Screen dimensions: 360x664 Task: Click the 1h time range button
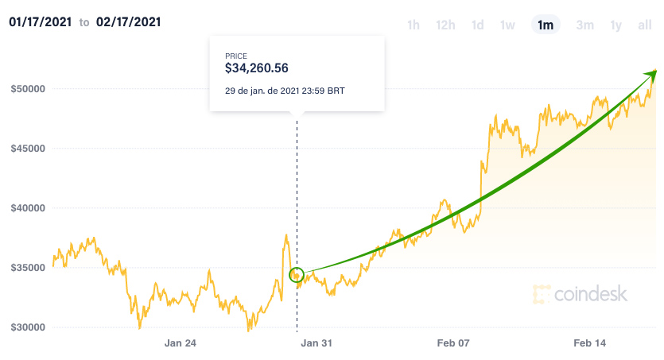tap(413, 25)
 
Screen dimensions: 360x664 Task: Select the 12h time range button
tap(445, 25)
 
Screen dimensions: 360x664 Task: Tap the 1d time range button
tap(477, 25)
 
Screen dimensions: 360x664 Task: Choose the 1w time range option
tap(507, 25)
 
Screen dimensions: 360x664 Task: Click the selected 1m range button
tap(546, 25)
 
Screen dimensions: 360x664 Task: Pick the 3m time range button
tap(584, 25)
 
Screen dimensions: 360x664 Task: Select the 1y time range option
tap(615, 25)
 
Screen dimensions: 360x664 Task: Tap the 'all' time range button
tap(645, 25)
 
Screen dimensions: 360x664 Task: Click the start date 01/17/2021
tap(41, 22)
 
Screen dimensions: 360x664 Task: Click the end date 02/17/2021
tap(128, 22)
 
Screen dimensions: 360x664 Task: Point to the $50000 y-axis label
tap(26, 88)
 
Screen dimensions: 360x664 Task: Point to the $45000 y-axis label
tap(26, 148)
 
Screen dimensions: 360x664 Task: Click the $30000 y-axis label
tap(26, 327)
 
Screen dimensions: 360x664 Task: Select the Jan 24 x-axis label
tap(180, 343)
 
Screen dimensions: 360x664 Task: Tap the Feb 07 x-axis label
tap(455, 343)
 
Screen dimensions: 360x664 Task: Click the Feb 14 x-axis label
tap(590, 343)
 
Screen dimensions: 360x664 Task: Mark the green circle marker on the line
tap(297, 275)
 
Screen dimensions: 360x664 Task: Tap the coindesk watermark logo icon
tap(542, 295)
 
